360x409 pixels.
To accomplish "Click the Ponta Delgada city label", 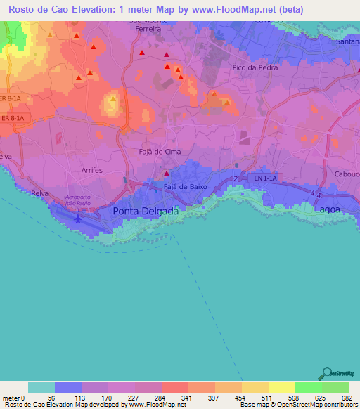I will pos(146,211).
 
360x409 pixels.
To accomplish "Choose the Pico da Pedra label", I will pos(255,68).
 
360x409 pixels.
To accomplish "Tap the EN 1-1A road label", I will pos(266,179).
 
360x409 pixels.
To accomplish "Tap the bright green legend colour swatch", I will pos(308,387).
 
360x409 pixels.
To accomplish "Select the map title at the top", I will pos(179,10).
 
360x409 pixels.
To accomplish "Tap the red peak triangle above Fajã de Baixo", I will pos(167,174).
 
